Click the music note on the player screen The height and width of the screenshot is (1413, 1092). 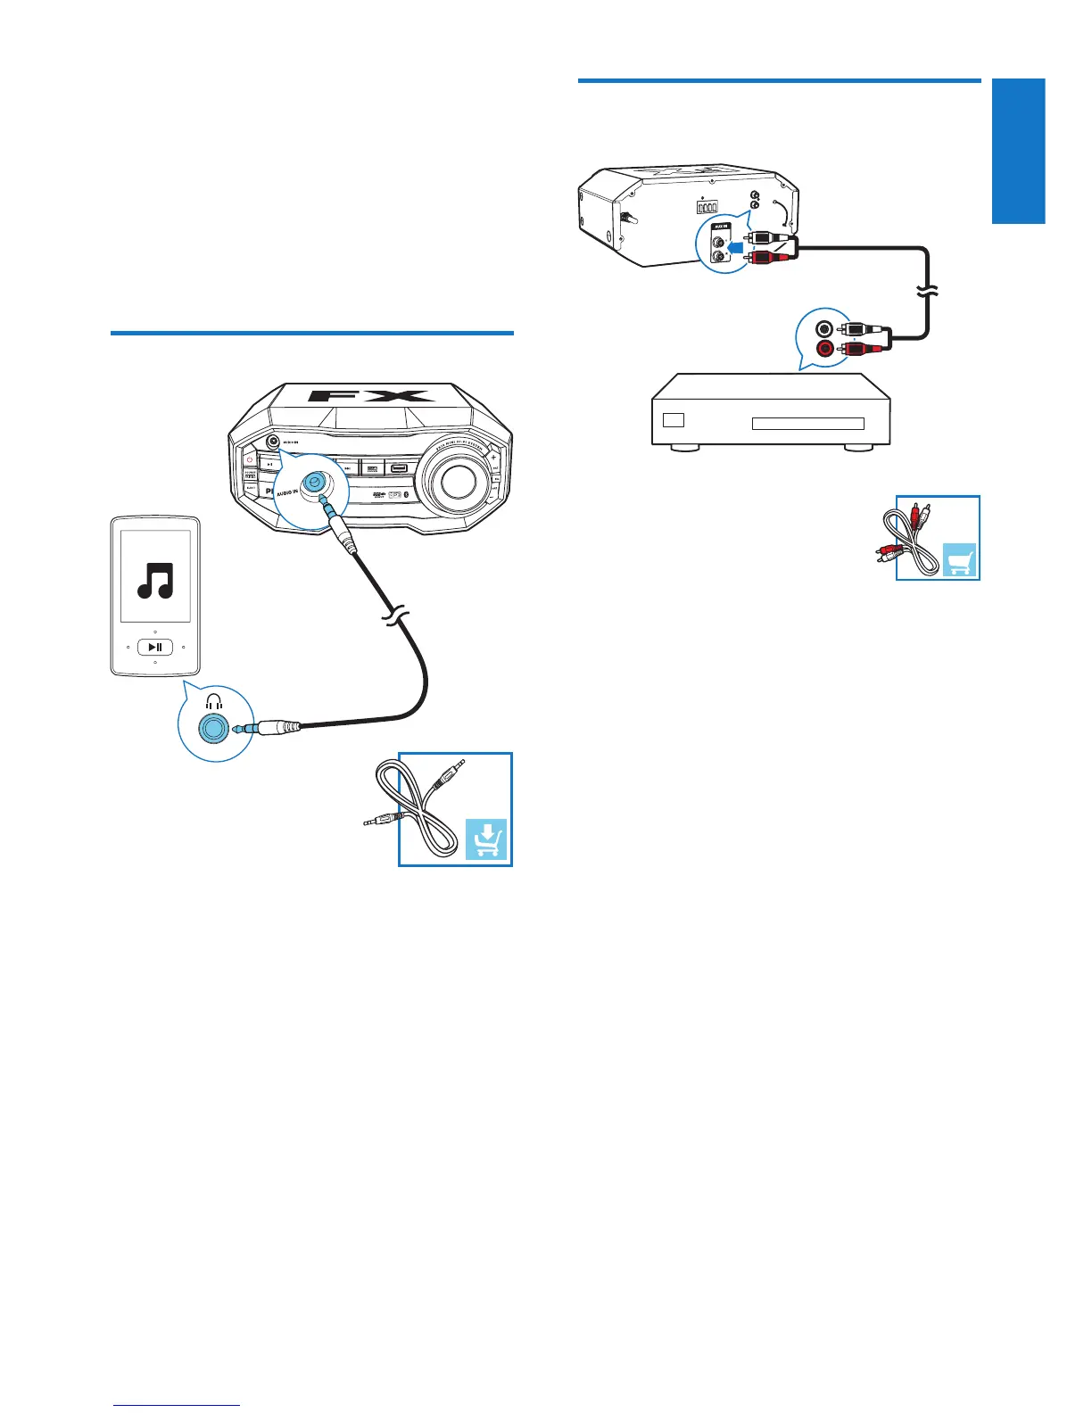(156, 579)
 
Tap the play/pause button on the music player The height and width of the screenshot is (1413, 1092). (155, 647)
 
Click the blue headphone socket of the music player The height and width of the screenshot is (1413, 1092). (212, 728)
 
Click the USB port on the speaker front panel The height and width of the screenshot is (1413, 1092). (398, 467)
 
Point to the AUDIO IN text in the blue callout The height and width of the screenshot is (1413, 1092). (286, 492)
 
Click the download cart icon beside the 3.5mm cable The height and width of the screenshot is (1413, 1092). (486, 839)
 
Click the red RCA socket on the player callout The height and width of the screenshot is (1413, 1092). (826, 347)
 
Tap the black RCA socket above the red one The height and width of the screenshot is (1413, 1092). (826, 328)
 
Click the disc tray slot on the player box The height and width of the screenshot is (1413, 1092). (807, 424)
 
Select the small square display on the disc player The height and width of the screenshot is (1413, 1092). (674, 419)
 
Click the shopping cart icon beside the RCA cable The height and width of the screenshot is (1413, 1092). (959, 560)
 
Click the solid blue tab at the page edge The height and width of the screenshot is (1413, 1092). (1018, 152)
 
